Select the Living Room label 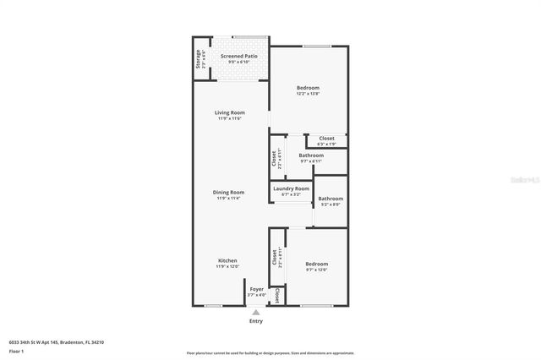coord(228,112)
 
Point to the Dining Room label coord(228,192)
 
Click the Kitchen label coord(227,260)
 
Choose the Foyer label coord(256,289)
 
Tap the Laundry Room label coord(291,188)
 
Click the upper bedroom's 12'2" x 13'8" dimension coord(308,93)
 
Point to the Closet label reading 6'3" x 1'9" coord(326,138)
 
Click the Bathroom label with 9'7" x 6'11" coord(311,155)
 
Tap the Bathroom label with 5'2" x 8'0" coord(331,199)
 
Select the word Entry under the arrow coord(256,321)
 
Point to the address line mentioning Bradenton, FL coord(62,341)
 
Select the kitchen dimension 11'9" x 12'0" coord(228,266)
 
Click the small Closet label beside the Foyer coord(277,295)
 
